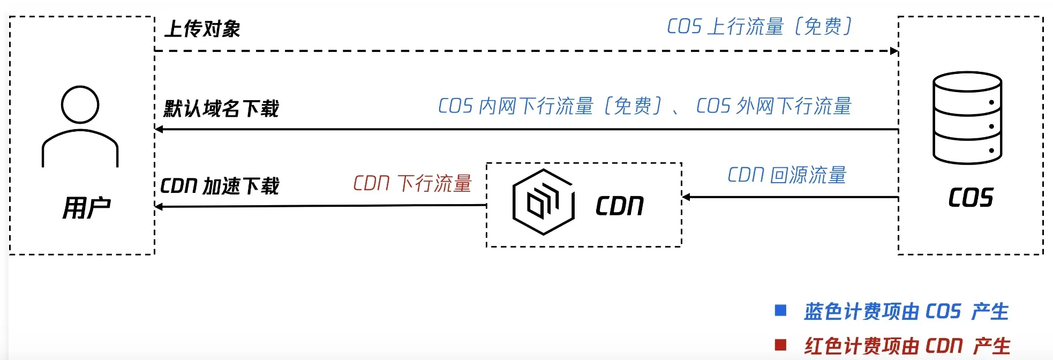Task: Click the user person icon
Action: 80,126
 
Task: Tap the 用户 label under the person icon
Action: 86,208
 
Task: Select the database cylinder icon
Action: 967,118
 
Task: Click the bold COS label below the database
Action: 971,198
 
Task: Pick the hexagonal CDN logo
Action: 543,202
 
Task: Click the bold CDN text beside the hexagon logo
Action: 619,206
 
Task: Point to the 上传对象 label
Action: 202,29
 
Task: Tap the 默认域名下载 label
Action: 221,109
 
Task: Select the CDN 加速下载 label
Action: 220,186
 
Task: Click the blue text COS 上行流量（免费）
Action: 759,26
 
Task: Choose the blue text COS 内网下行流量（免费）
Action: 550,106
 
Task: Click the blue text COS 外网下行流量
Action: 773,106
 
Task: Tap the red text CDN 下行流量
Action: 412,183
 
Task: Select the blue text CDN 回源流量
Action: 786,175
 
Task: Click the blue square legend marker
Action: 781,310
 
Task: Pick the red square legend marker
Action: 781,344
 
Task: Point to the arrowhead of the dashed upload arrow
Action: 894,51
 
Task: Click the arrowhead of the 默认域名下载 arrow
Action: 159,129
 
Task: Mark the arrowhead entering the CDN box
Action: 686,197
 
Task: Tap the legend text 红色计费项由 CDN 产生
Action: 907,346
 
